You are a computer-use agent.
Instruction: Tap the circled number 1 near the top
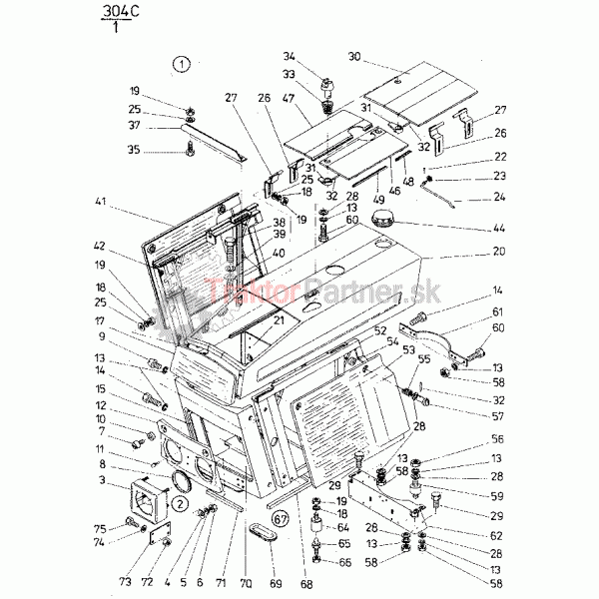[180, 66]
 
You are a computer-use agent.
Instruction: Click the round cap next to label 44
[381, 219]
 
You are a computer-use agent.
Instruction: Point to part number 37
[134, 125]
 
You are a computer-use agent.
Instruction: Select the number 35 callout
[134, 151]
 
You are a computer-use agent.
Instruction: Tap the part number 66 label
[344, 563]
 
